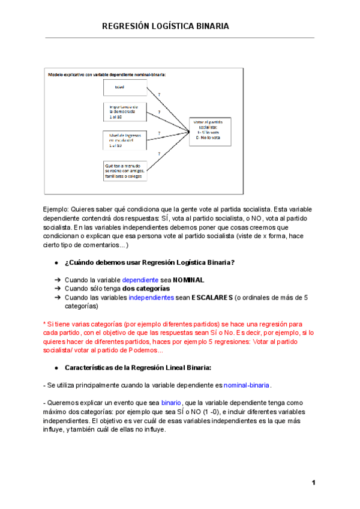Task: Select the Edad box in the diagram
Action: coord(124,88)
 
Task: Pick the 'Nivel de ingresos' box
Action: coord(124,140)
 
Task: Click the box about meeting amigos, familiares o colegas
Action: coord(124,170)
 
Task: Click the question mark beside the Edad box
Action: coord(159,94)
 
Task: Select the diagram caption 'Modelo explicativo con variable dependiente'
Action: coord(107,74)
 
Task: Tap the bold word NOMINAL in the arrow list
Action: coord(188,280)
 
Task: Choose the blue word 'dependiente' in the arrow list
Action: coord(140,280)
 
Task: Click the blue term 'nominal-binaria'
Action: coord(247,385)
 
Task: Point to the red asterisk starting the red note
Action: coord(44,324)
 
